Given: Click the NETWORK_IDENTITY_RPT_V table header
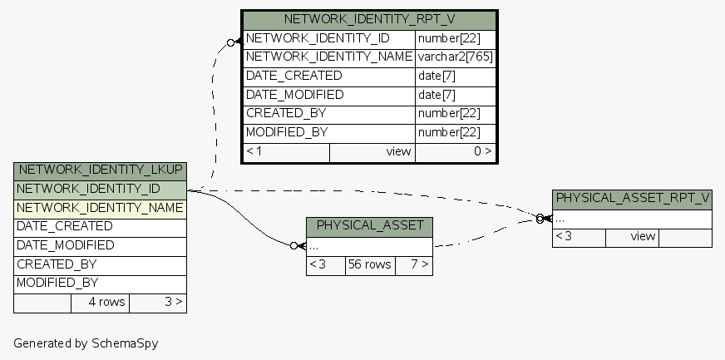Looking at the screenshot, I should pyautogui.click(x=369, y=20).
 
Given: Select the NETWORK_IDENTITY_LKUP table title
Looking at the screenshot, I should pyautogui.click(x=100, y=170).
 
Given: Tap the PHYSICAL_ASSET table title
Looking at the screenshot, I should pyautogui.click(x=369, y=226).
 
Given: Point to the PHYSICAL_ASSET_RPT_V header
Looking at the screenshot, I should pyautogui.click(x=632, y=199).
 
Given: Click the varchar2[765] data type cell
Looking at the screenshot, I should pyautogui.click(x=456, y=57).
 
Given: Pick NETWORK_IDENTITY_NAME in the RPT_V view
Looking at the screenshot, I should pyautogui.click(x=329, y=57).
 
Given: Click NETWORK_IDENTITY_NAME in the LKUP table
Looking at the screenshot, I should pyautogui.click(x=100, y=208).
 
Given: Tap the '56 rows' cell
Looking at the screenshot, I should pyautogui.click(x=369, y=265).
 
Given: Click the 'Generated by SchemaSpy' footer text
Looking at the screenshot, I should pyautogui.click(x=86, y=343).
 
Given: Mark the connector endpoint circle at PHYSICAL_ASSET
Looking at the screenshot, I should pyautogui.click(x=293, y=246).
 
